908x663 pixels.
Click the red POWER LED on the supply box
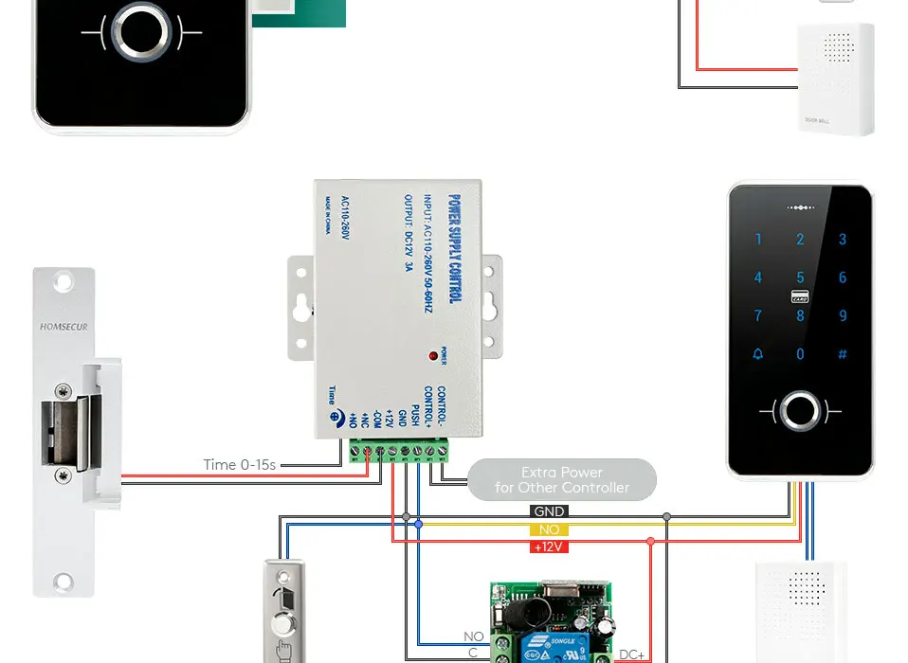(434, 356)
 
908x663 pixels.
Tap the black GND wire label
(549, 512)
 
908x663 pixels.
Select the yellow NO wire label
(549, 529)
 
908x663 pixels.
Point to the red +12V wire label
(549, 547)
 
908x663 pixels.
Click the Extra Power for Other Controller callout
(562, 479)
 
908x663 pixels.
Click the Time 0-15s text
(240, 464)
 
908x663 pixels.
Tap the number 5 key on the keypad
(800, 278)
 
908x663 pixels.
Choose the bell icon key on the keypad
(757, 354)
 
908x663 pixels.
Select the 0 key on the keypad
(800, 354)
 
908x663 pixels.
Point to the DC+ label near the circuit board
(632, 654)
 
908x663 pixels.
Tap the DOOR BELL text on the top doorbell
(816, 120)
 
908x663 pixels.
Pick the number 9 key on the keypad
(843, 315)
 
